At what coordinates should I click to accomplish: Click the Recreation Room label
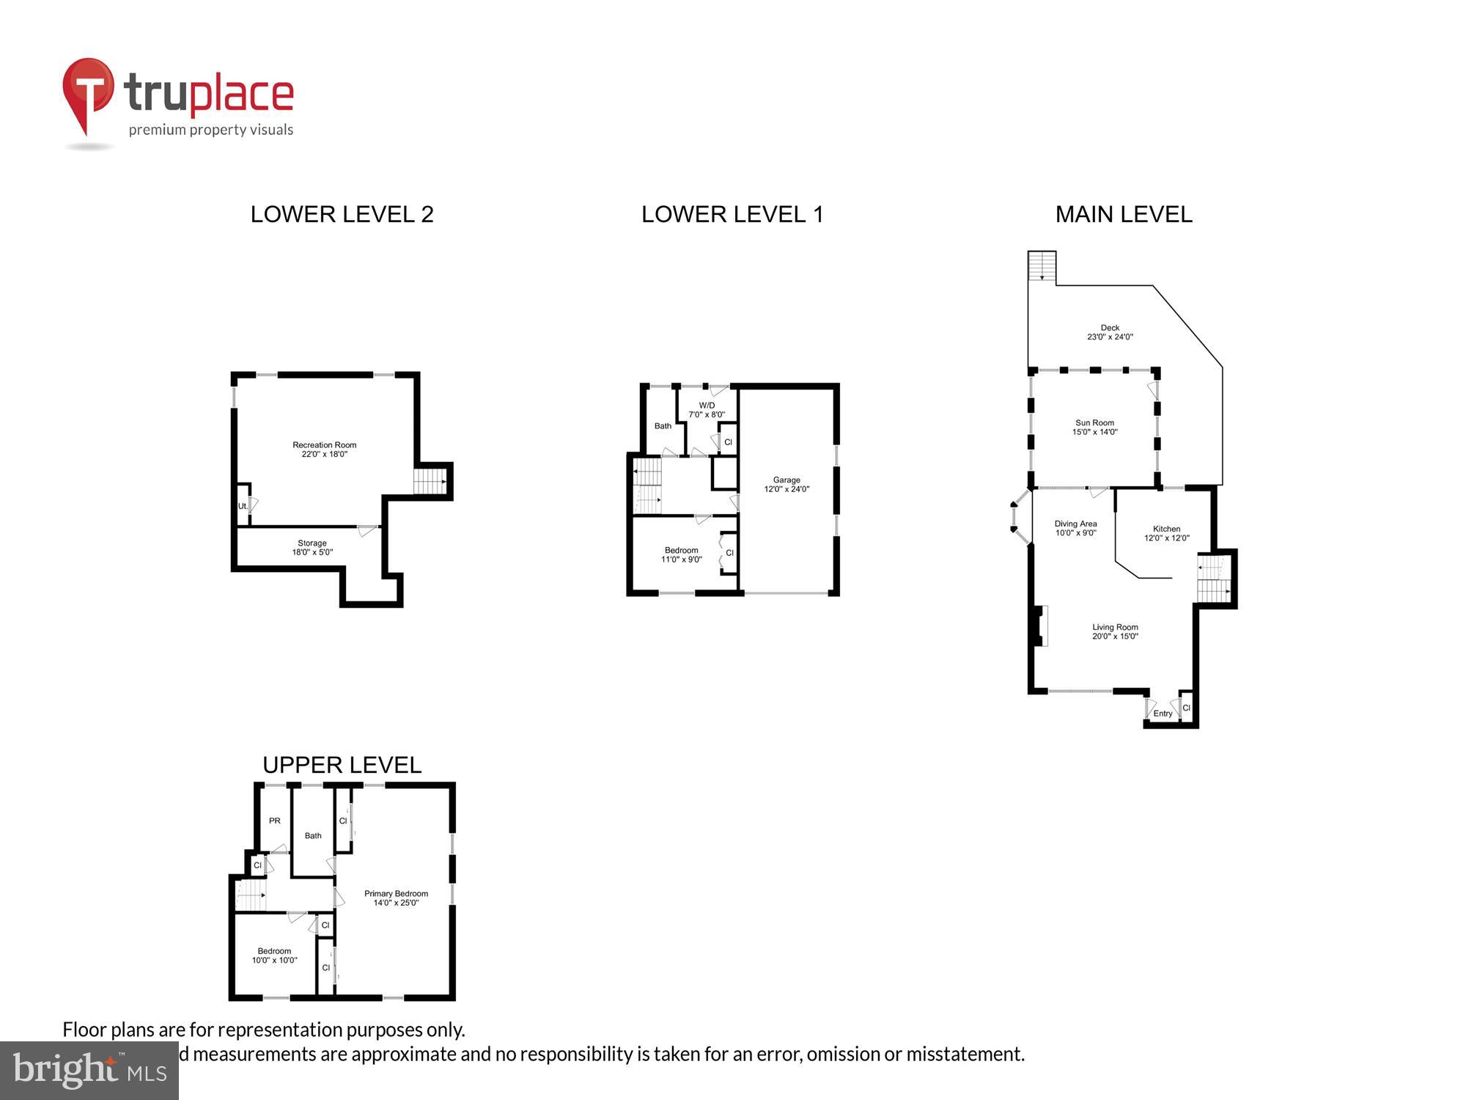[324, 450]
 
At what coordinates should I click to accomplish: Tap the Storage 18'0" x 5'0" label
[312, 548]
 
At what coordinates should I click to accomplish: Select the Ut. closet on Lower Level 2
[243, 506]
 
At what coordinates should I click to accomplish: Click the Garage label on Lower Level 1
[787, 485]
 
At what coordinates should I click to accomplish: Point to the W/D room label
[707, 410]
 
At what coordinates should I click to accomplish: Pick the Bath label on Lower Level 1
[663, 426]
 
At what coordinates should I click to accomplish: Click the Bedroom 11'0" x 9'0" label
[682, 555]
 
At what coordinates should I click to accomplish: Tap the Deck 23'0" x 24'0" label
[1110, 333]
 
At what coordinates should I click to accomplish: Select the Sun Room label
[1094, 428]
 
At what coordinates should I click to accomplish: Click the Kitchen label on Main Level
[1166, 533]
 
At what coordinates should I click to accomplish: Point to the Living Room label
[1115, 631]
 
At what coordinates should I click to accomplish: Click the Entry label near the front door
[1163, 714]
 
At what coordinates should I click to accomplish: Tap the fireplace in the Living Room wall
[1039, 626]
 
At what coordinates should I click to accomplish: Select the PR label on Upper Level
[275, 821]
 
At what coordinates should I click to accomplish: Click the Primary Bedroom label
[396, 898]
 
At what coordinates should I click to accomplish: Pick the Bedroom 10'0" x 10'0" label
[275, 956]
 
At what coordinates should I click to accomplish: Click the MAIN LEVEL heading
[1124, 214]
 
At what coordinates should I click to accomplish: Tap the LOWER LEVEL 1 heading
[732, 214]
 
